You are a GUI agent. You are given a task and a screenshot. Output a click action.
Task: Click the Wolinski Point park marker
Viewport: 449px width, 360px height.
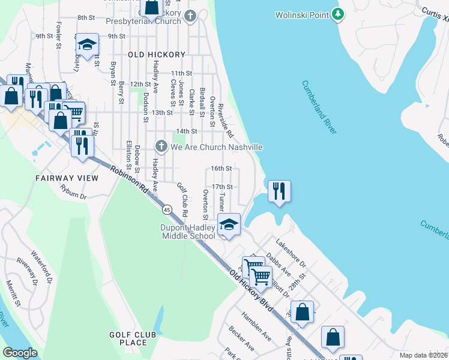tap(339, 14)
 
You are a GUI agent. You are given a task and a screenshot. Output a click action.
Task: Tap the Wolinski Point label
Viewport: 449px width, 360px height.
tap(302, 14)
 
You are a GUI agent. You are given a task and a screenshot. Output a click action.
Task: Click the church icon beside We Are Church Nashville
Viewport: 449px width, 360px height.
tap(161, 146)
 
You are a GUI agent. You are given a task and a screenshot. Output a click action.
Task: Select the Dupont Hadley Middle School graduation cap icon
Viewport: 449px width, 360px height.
tap(228, 225)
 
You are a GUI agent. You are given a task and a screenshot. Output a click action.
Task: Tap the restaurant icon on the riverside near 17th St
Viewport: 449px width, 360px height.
tap(279, 191)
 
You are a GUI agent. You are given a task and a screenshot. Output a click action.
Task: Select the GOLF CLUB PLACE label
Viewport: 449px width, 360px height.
tap(133, 338)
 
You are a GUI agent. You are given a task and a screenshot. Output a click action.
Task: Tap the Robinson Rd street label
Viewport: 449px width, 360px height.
tap(128, 179)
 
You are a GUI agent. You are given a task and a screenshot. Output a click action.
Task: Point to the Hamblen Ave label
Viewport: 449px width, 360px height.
tap(256, 326)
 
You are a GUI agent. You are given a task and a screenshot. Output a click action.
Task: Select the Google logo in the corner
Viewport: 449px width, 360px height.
tap(20, 352)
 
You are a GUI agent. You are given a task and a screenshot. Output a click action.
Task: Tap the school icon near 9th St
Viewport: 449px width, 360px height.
tap(87, 45)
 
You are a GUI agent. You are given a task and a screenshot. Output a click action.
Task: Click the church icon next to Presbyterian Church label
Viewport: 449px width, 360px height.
tap(191, 16)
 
